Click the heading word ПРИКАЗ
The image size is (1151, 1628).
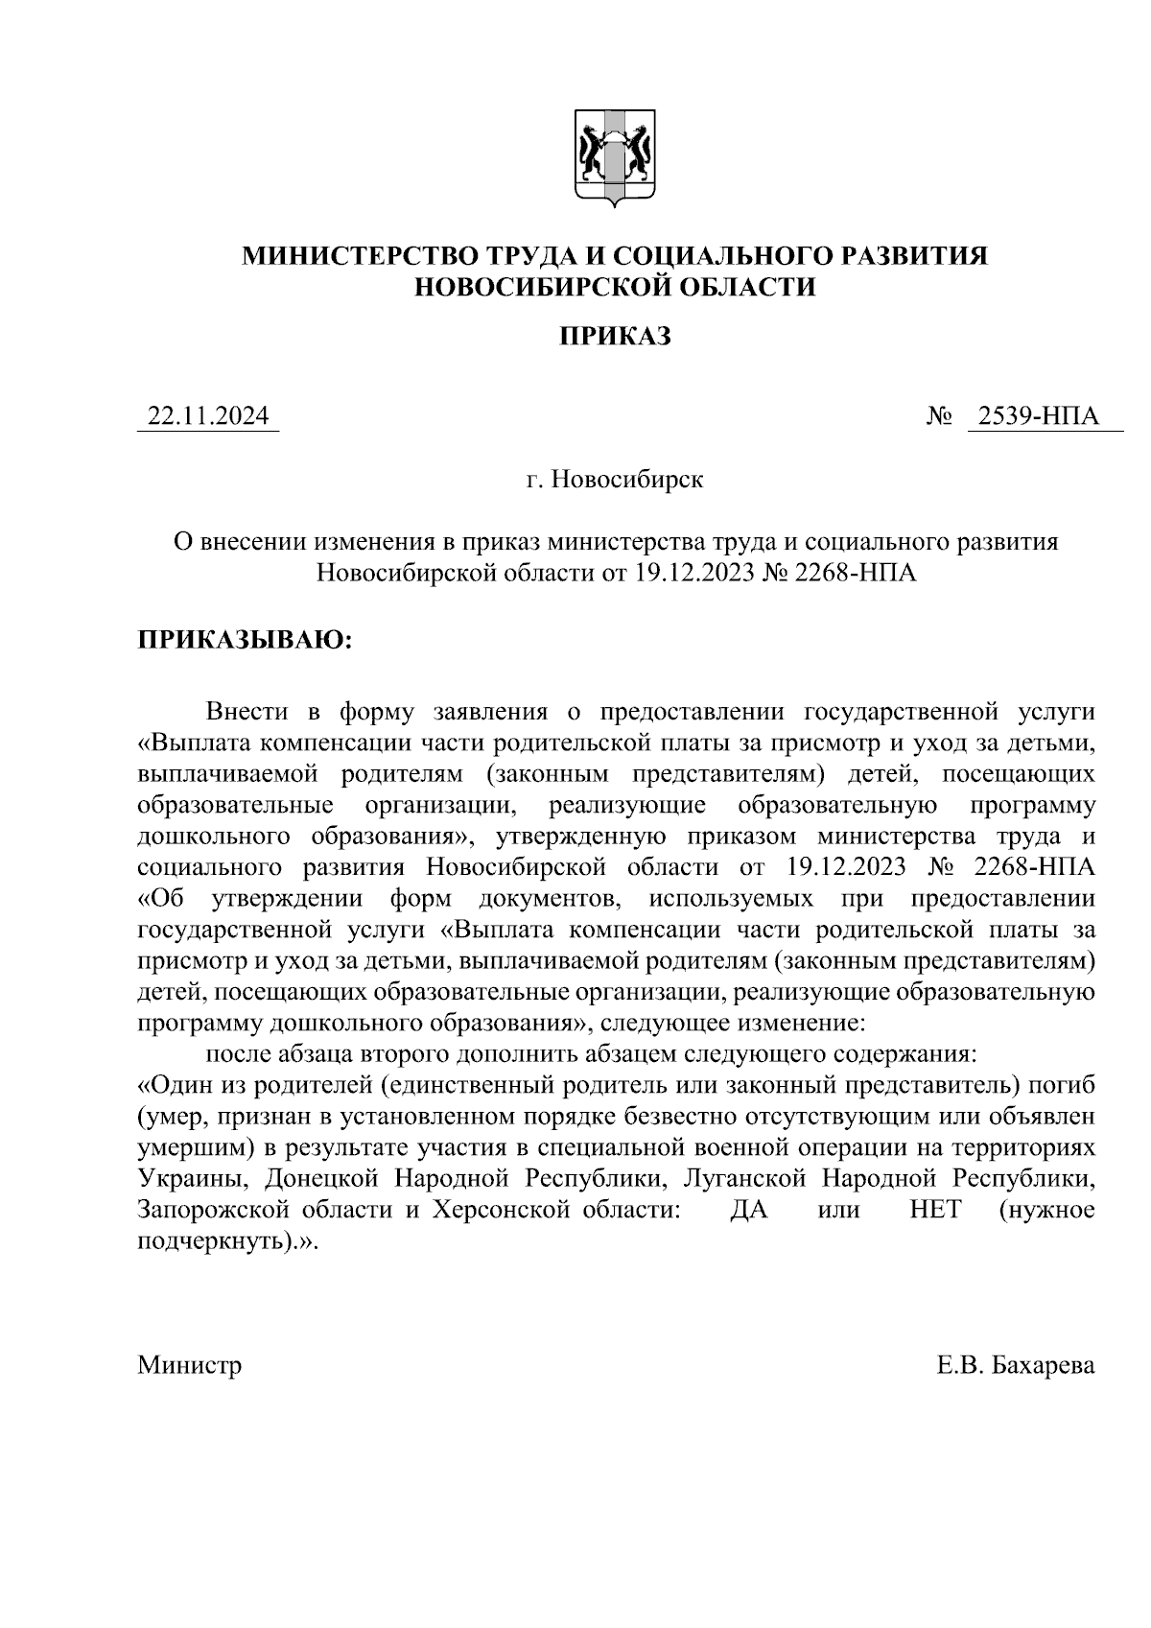click(x=614, y=336)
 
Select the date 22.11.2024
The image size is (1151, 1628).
click(x=207, y=417)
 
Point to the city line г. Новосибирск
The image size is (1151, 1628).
click(x=614, y=479)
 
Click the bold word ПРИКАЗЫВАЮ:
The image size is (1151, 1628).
click(x=246, y=639)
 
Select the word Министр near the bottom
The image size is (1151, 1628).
click(x=189, y=1364)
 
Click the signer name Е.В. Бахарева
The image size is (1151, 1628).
click(x=1016, y=1364)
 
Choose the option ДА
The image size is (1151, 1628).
click(x=749, y=1209)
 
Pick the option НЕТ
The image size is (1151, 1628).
click(x=935, y=1209)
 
